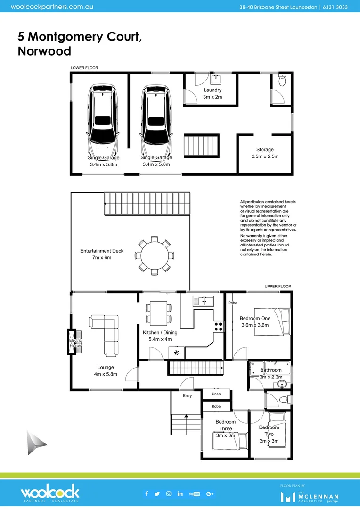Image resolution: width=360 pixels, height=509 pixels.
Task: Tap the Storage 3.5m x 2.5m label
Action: [x=265, y=153]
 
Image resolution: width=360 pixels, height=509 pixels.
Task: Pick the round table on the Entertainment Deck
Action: [x=155, y=255]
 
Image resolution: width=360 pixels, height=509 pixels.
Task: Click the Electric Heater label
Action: [x=75, y=343]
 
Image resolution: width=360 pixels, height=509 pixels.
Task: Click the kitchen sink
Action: [x=203, y=301]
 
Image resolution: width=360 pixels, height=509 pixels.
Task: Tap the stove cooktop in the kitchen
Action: [x=219, y=327]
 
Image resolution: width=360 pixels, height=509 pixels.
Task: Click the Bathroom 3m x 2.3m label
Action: [x=271, y=374]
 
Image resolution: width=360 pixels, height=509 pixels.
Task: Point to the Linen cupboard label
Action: [x=216, y=394]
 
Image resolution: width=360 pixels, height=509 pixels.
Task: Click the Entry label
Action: [x=188, y=395]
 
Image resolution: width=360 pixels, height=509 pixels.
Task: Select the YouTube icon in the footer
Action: [x=194, y=493]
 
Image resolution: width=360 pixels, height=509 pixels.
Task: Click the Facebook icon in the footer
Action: [x=147, y=493]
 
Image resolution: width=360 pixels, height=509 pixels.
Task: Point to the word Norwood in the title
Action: [x=44, y=51]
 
